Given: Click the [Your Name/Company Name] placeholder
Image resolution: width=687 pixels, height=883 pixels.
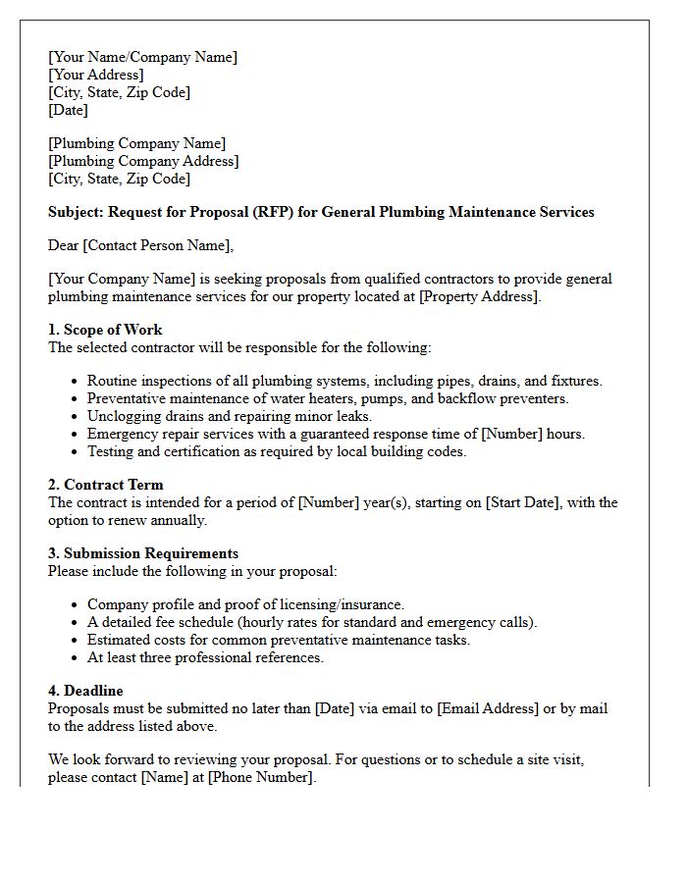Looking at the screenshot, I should point(142,57).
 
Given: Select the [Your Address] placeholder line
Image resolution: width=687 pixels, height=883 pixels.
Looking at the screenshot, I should point(96,75).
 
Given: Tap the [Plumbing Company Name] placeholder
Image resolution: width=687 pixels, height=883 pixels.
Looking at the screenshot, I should point(136,143).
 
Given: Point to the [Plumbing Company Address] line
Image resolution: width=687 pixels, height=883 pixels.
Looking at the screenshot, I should point(143,161).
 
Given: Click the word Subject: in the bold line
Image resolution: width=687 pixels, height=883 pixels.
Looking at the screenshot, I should point(76,212).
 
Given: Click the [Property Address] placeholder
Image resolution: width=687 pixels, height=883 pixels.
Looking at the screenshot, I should point(479,296).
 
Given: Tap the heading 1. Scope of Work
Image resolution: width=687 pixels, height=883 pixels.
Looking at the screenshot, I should point(105,330).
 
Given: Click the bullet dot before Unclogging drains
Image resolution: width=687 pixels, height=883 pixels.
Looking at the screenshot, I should point(75,417).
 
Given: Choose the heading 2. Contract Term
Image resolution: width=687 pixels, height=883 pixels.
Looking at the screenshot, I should point(106,485).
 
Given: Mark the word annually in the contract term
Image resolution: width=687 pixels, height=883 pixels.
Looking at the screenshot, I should point(176,520).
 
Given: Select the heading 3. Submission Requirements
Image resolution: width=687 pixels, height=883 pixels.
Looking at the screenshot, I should point(143,553).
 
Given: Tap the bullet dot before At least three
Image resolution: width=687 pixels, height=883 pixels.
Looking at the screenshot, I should point(75,658).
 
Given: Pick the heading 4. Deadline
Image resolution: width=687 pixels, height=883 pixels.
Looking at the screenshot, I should point(85,691).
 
